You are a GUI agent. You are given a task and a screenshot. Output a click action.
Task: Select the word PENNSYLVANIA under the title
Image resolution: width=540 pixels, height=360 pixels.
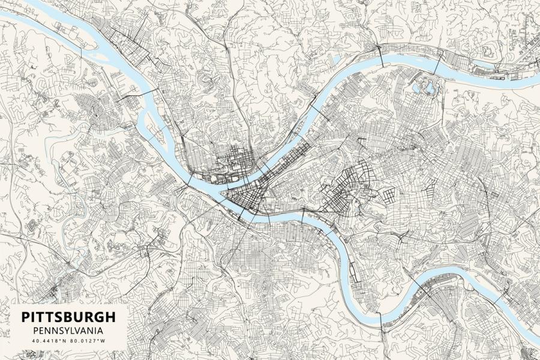pyautogui.click(x=68, y=331)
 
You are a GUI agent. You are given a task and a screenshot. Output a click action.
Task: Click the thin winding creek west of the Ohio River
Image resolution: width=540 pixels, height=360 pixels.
pyautogui.click(x=66, y=174)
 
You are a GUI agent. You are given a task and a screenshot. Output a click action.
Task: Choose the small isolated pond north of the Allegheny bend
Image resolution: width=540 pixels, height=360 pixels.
pyautogui.click(x=335, y=59)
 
